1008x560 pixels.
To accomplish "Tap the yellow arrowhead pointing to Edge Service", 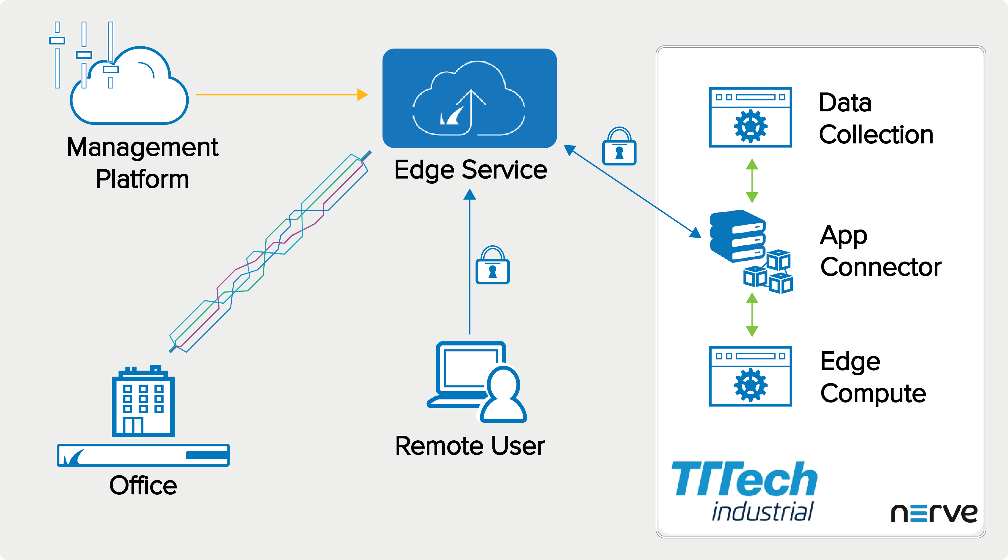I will pyautogui.click(x=362, y=95).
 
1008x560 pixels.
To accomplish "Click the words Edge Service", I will pyautogui.click(x=470, y=170).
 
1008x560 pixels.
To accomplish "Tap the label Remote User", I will pyautogui.click(x=470, y=446).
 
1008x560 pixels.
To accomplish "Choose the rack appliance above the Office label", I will pyautogui.click(x=143, y=455).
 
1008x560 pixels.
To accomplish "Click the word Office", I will pyautogui.click(x=143, y=485).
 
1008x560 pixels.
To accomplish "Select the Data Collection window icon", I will pyautogui.click(x=750, y=117).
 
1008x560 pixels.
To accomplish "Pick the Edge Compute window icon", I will pyautogui.click(x=750, y=376).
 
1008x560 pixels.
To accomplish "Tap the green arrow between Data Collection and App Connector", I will pyautogui.click(x=752, y=181).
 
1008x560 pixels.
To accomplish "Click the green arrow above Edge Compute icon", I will pyautogui.click(x=752, y=315).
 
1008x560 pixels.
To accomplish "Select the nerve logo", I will pyautogui.click(x=934, y=513).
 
